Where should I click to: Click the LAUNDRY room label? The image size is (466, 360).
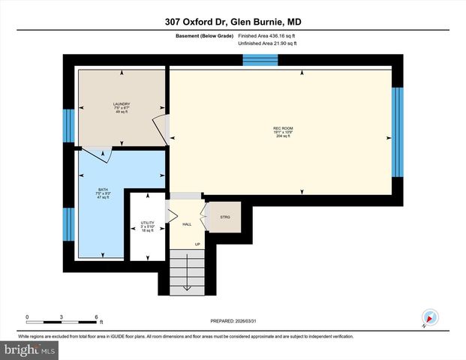coord(122,104)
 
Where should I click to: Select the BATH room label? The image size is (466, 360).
coord(103,190)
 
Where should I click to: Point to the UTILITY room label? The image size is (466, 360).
coord(147,223)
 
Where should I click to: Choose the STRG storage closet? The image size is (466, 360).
coord(224,217)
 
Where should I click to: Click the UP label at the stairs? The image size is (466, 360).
coord(197,244)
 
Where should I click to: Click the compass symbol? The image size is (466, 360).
coord(430,317)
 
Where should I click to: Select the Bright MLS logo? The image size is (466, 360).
coord(29,349)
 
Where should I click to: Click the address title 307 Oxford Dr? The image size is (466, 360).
coord(233,22)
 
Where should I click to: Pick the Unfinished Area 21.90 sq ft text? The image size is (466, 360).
coord(268,44)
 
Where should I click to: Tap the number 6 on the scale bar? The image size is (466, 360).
coord(97,316)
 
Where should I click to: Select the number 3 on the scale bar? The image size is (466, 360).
coord(62,316)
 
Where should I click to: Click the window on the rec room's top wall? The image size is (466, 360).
coord(260,60)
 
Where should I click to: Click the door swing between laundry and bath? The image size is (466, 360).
coord(98,153)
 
